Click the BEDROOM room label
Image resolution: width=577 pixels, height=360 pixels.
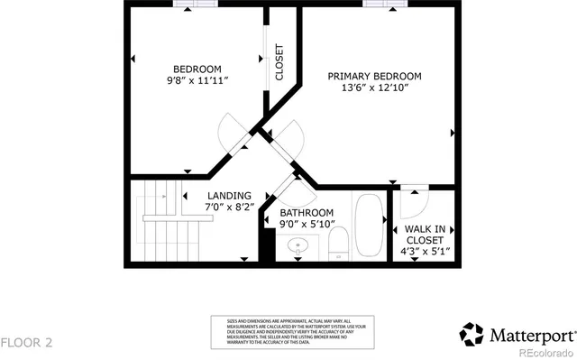click(x=197, y=69)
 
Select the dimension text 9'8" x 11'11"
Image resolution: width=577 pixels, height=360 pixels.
click(x=197, y=81)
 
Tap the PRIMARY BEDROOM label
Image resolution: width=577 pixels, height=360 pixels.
click(x=373, y=77)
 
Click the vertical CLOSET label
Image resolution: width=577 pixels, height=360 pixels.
click(x=279, y=63)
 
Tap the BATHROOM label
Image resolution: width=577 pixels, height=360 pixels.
click(x=307, y=213)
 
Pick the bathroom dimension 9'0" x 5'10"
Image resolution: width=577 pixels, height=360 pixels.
click(x=307, y=225)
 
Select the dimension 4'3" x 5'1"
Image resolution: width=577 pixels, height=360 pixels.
click(x=426, y=252)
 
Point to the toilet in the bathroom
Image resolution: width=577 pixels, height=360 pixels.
click(x=339, y=244)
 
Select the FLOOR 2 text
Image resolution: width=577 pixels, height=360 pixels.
click(x=27, y=342)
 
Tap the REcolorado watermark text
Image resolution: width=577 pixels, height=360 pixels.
click(x=544, y=351)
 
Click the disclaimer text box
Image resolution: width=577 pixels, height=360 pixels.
click(x=280, y=330)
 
